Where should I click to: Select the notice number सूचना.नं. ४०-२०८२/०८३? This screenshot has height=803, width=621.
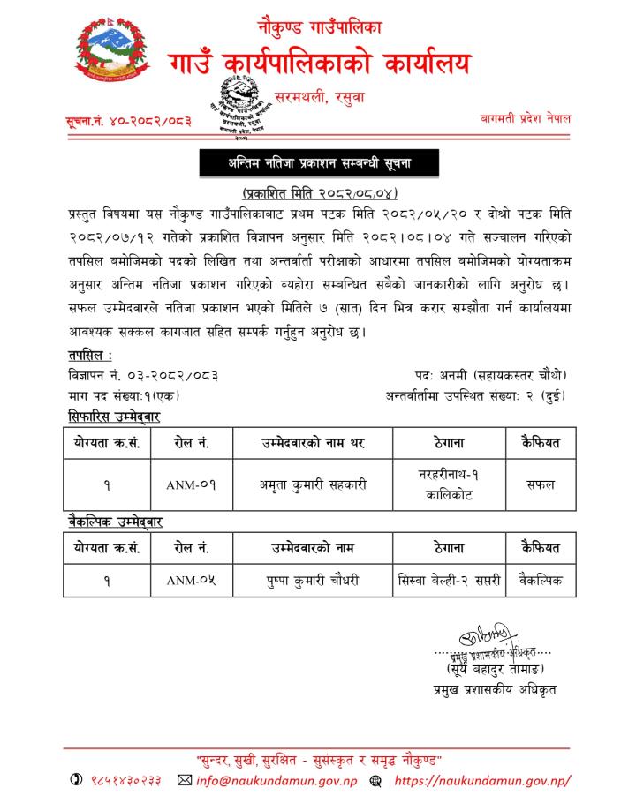click(x=128, y=120)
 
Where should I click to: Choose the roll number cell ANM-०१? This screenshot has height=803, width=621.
click(x=191, y=484)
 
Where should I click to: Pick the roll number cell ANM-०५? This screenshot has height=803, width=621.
click(x=191, y=581)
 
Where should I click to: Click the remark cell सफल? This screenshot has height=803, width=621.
click(x=541, y=484)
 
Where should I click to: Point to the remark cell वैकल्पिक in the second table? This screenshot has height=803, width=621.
click(x=541, y=581)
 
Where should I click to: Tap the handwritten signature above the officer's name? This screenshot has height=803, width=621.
click(x=483, y=636)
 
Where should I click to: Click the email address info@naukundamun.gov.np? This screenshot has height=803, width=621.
click(x=275, y=780)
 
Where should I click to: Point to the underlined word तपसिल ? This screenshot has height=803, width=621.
click(x=89, y=355)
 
